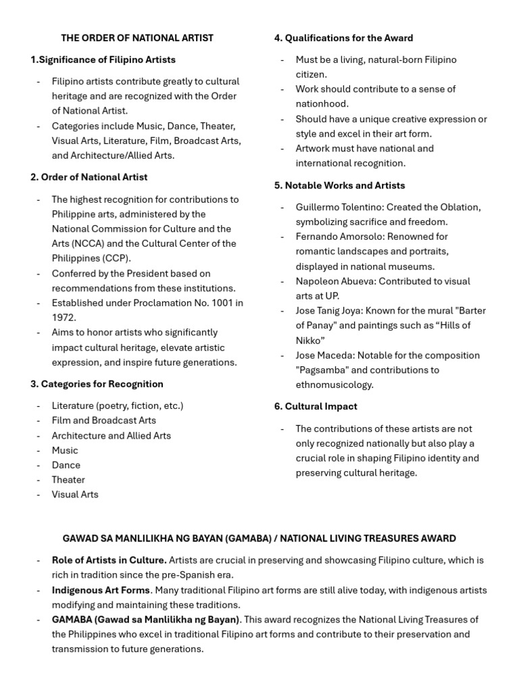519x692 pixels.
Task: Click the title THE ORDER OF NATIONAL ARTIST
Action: coord(137,38)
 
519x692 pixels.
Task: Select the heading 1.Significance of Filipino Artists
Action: coord(103,59)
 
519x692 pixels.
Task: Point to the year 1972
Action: coord(64,318)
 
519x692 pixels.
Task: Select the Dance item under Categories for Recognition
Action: coord(66,465)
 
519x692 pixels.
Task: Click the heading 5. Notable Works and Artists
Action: coord(339,185)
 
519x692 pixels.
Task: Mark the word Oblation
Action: coord(460,207)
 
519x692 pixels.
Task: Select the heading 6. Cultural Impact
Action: coord(316,406)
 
